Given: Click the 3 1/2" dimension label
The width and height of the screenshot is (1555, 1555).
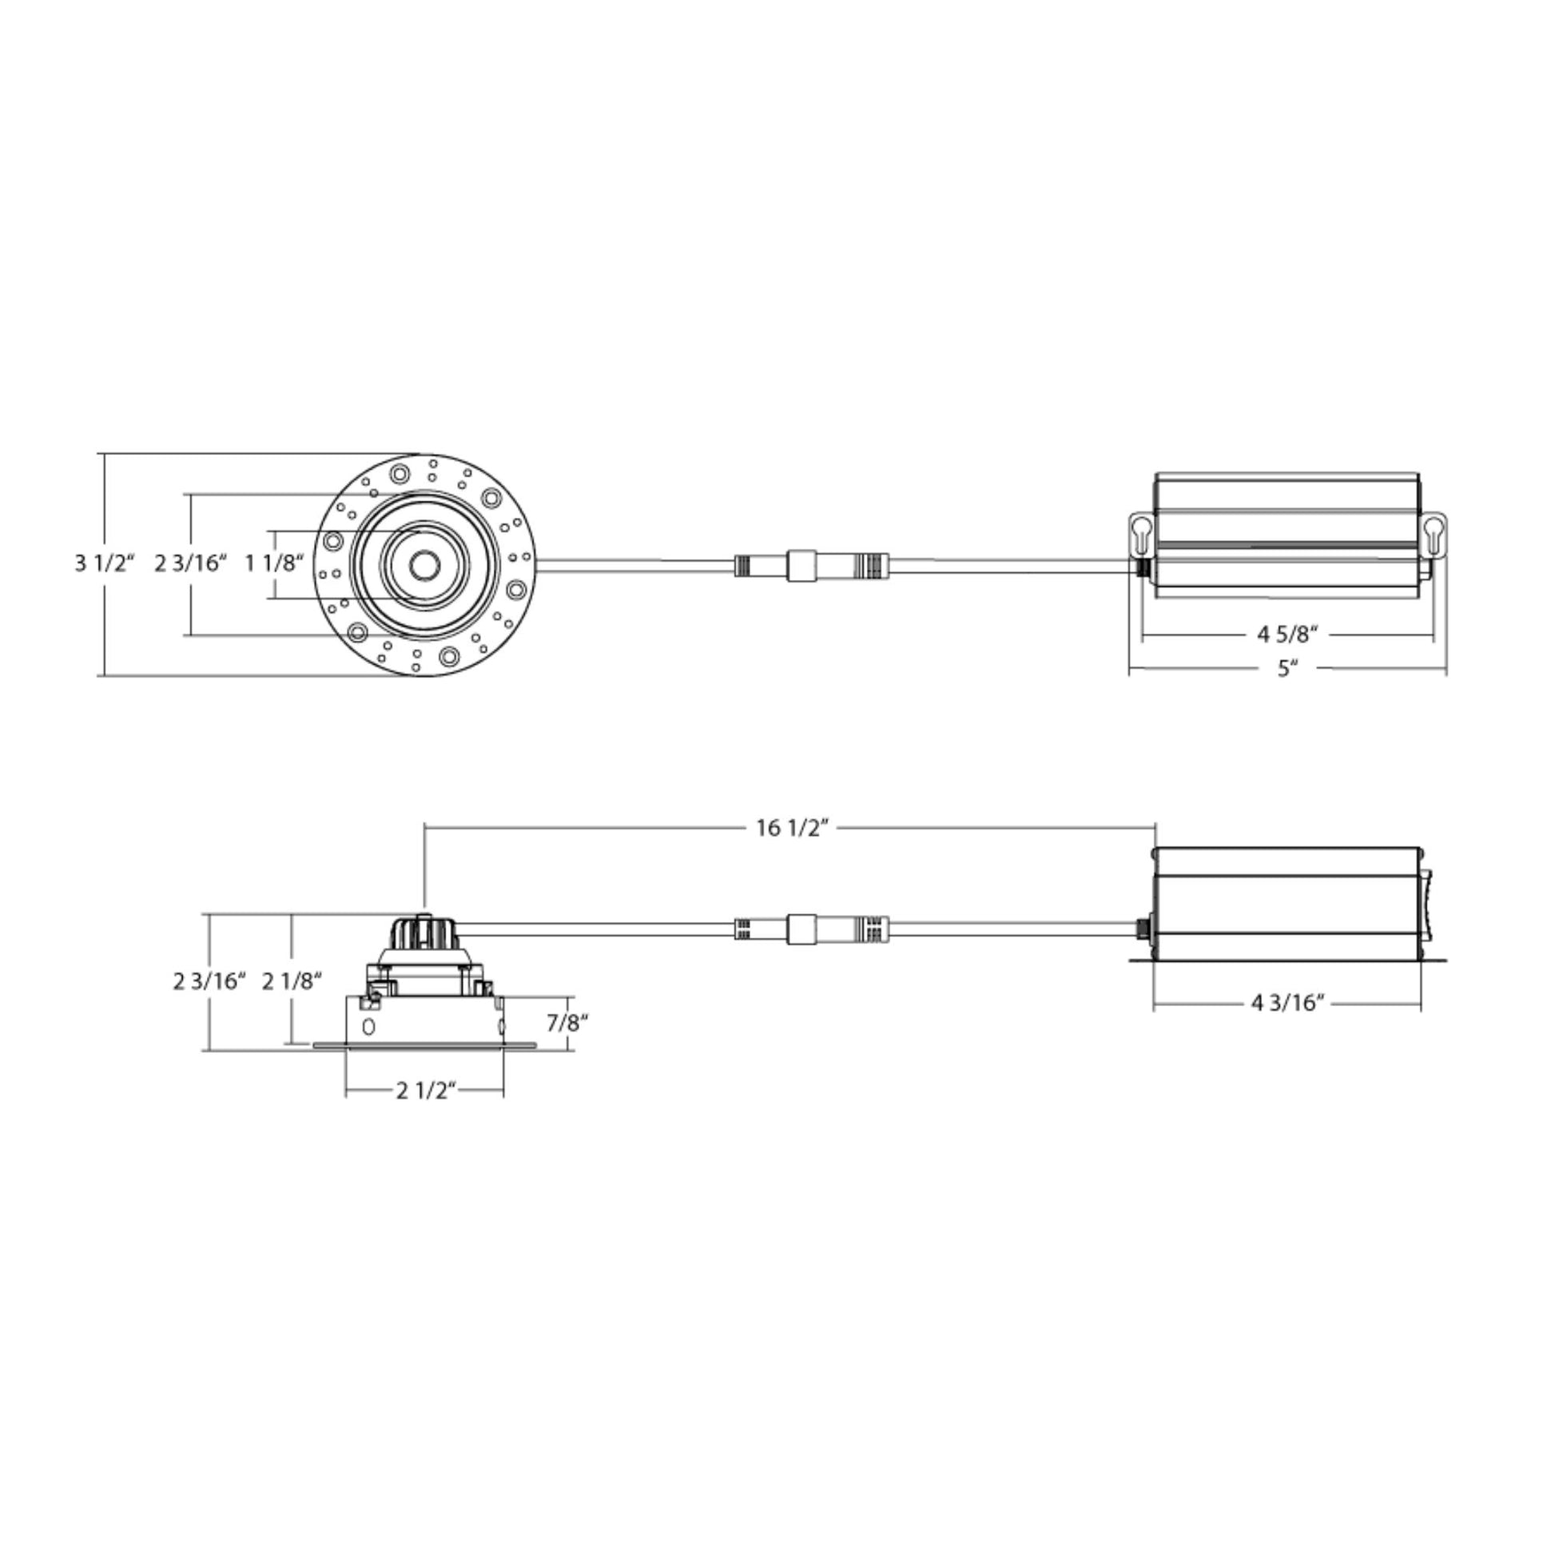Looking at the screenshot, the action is (x=105, y=563).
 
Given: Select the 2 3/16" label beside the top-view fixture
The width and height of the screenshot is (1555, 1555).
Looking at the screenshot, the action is (x=191, y=563).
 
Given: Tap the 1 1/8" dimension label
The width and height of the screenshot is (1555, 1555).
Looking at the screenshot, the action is (x=274, y=563).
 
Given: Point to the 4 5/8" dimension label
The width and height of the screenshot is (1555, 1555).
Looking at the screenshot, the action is (x=1288, y=634).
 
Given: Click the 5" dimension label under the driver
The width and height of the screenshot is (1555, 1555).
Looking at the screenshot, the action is (x=1289, y=669).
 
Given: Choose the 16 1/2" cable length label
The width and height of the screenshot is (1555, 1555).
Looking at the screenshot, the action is (x=792, y=827).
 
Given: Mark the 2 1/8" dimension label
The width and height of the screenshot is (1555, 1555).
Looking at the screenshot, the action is (x=292, y=981).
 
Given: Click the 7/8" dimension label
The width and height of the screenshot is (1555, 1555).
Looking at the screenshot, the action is (x=567, y=1023).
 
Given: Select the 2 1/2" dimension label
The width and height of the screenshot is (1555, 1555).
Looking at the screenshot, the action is (x=427, y=1091).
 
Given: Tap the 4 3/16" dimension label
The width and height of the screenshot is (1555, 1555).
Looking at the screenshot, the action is (x=1288, y=1003).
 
